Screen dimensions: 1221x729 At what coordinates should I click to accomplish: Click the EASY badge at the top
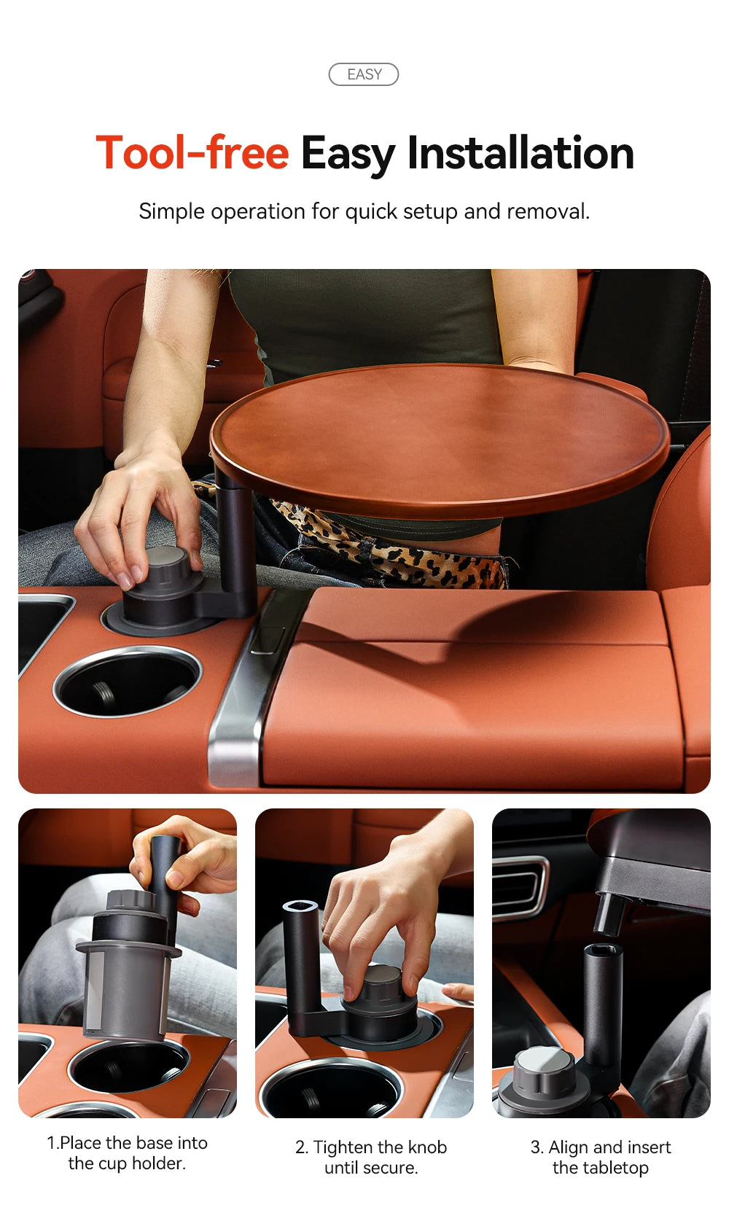[364, 74]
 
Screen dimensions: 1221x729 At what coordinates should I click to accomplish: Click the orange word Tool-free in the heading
[192, 153]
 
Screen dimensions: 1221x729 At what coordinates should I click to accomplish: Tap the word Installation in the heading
[520, 153]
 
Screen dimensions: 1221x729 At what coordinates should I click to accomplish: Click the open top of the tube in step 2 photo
[300, 907]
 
